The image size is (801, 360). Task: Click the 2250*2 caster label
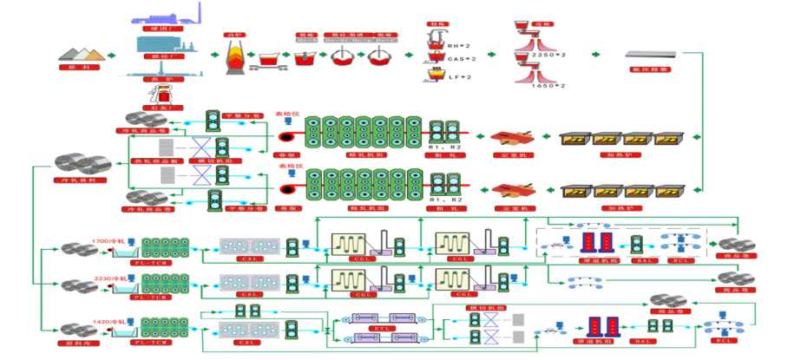coord(549,55)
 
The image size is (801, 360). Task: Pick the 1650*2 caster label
coord(549,86)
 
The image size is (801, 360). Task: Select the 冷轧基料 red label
coord(80,180)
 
